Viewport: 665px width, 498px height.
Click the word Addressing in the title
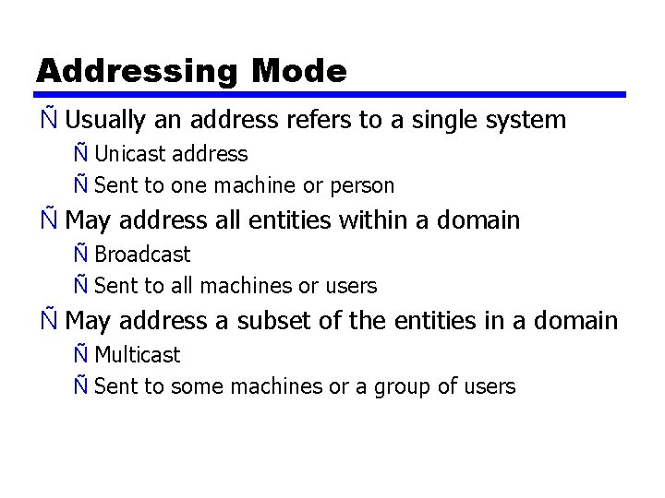138,71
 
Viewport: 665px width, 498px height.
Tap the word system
526,120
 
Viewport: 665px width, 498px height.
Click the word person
362,185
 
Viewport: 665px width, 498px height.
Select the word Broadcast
142,255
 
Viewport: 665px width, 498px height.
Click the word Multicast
138,355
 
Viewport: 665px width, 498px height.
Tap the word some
191,386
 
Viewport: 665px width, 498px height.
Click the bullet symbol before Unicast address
82,154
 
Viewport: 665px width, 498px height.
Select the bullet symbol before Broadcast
82,255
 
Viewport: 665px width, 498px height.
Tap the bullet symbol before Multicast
82,355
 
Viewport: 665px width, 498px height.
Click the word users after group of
490,386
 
